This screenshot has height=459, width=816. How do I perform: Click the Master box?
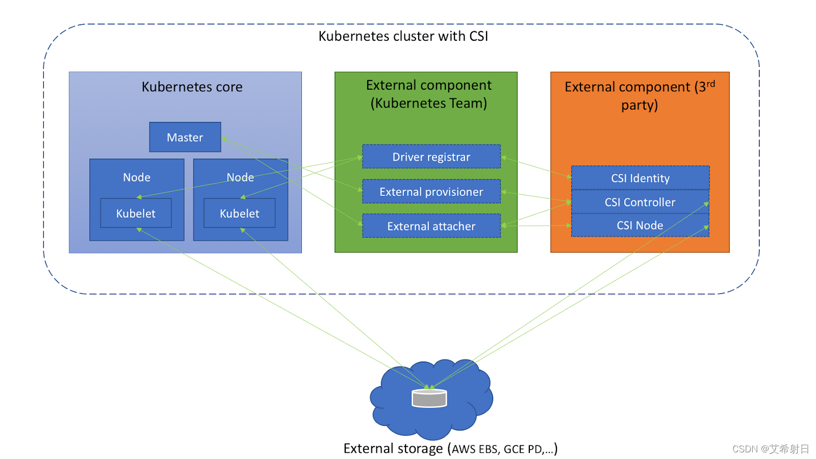(x=185, y=137)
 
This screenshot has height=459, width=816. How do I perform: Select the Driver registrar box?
(x=431, y=157)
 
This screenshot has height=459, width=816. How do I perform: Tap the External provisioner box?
(x=431, y=192)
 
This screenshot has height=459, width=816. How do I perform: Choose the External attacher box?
(x=431, y=226)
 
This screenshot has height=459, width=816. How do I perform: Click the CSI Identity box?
(x=640, y=178)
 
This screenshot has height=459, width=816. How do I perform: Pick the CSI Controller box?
(x=640, y=202)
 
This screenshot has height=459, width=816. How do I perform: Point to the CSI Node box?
(x=640, y=225)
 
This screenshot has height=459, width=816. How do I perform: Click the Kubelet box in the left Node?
(x=136, y=213)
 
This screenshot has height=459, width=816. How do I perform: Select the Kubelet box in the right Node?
(x=239, y=213)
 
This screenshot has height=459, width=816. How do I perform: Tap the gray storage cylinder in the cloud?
(x=429, y=398)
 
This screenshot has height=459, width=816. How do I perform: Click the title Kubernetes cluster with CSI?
(x=403, y=36)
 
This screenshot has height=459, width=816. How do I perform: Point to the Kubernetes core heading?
(x=192, y=87)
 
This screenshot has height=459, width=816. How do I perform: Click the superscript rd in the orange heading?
(x=710, y=84)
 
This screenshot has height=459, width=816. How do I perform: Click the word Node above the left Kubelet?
(x=137, y=177)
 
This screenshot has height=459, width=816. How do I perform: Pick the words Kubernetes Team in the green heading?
(x=428, y=104)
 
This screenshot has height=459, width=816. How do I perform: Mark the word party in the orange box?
(x=638, y=105)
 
